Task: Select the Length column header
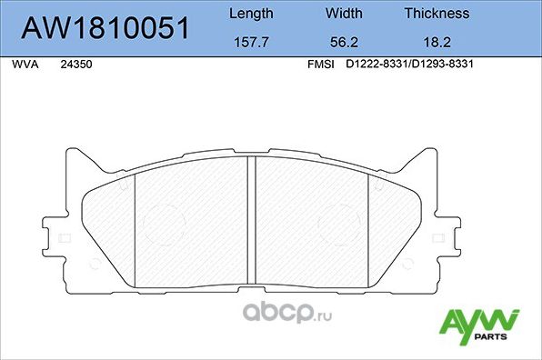(x=249, y=14)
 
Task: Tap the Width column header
(x=344, y=14)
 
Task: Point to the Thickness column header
(x=437, y=14)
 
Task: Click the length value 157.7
(x=249, y=41)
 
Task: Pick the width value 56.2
(x=344, y=41)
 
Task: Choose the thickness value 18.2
(x=437, y=41)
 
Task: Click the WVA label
(x=25, y=65)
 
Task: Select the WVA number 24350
(x=75, y=65)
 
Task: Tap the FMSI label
(x=321, y=65)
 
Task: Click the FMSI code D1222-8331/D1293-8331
(x=412, y=65)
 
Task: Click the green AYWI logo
(x=477, y=322)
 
